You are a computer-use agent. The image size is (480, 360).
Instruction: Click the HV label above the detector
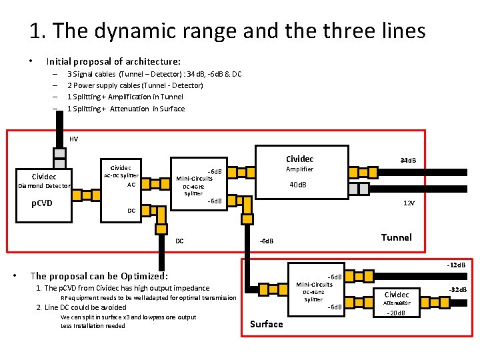73,139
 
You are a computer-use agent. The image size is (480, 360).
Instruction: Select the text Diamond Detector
45,186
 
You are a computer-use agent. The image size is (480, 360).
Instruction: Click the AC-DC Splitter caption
121,175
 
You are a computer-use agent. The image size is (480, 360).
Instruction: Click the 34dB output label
408,161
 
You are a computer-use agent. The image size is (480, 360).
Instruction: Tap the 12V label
408,203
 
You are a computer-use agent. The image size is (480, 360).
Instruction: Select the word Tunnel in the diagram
396,237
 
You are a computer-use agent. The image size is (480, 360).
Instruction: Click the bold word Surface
266,324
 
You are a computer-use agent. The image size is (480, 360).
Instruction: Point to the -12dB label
457,265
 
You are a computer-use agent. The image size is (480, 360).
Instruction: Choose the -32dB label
458,289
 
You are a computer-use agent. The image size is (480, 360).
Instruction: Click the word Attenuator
397,303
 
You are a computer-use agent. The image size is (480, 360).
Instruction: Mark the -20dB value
397,314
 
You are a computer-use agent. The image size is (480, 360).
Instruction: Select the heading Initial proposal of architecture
113,61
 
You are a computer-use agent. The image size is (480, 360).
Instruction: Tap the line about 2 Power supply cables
135,85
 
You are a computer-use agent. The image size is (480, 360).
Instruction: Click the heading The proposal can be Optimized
99,275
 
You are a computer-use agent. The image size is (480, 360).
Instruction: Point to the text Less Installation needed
93,325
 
